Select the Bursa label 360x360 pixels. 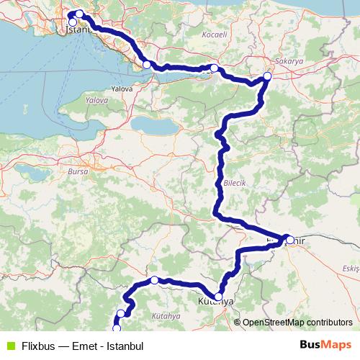[x=78, y=173]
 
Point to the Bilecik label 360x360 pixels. [x=235, y=184]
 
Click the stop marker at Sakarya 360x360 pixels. [x=267, y=76]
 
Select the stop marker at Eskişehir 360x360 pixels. [x=289, y=239]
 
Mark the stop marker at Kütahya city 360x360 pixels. [x=218, y=296]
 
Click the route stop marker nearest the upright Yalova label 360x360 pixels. [x=147, y=66]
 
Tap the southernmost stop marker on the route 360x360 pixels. [x=117, y=328]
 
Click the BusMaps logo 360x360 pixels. [x=325, y=345]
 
